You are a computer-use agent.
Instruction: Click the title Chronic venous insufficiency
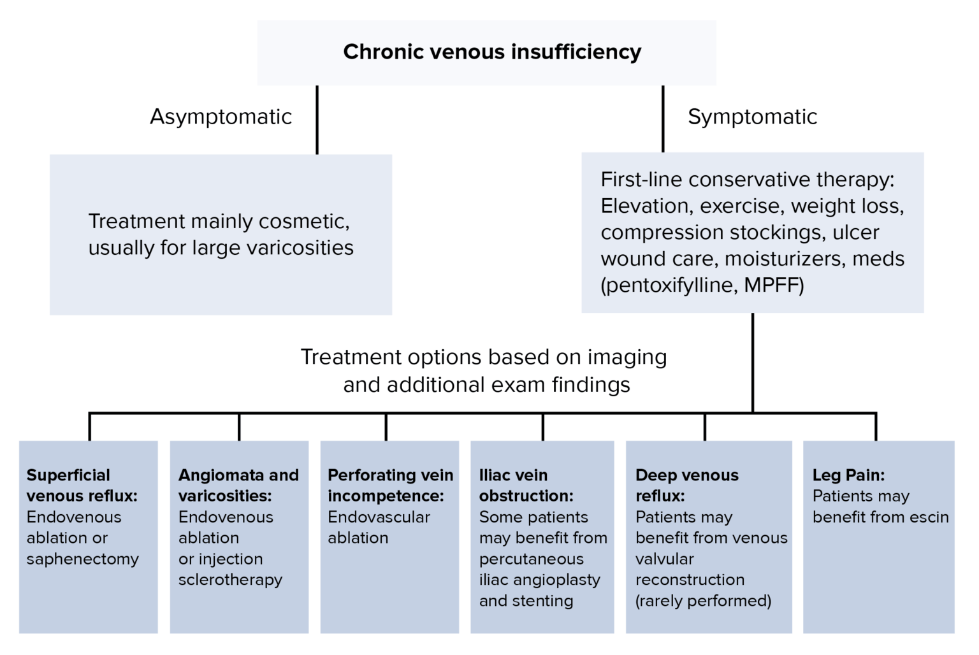point(492,52)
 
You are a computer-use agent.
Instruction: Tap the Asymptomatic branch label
point(221,117)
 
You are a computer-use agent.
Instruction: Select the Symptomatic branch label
point(752,117)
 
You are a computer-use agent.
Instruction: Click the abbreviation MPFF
point(773,285)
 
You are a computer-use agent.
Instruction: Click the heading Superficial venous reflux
point(82,486)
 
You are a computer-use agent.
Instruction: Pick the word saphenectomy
point(83,559)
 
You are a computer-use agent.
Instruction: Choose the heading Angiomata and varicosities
point(238,486)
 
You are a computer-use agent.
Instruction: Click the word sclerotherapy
point(230,580)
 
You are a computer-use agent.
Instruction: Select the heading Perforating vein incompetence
point(389,486)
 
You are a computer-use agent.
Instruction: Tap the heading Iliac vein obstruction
point(526,486)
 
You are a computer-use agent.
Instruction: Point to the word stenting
point(544,601)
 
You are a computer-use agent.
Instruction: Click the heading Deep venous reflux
point(686,486)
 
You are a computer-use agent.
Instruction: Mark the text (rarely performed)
point(703,601)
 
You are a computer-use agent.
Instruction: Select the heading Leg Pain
point(848,475)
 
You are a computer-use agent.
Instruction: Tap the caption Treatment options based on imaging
point(483,357)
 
